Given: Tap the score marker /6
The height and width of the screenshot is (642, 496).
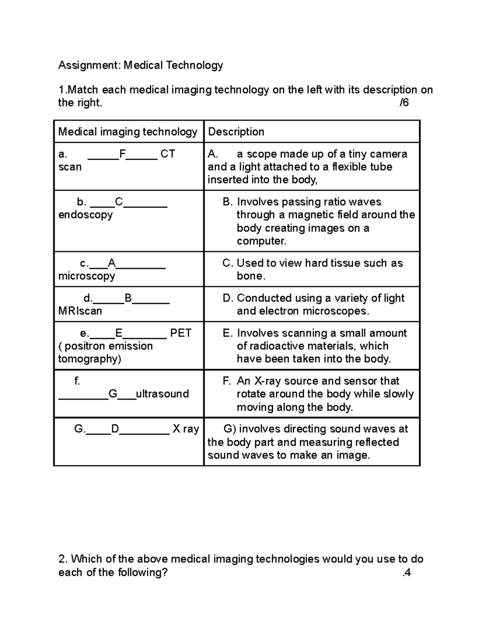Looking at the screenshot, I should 404,103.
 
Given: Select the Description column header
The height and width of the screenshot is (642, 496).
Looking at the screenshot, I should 236,132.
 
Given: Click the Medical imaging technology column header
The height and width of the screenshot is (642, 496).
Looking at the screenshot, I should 128,132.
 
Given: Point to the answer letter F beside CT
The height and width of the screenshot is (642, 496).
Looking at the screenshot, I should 122,154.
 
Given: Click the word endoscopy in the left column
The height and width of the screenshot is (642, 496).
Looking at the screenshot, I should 86,215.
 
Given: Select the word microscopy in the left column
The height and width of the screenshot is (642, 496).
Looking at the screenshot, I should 87,276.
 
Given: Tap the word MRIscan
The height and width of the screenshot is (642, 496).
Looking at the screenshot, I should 80,311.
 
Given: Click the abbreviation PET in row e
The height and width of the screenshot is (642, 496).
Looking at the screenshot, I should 181,333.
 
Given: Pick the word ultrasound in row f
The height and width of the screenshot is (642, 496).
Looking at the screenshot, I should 162,394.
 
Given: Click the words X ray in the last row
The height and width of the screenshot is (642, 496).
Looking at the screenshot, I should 186,429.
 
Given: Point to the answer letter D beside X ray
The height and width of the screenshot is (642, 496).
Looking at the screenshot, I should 115,429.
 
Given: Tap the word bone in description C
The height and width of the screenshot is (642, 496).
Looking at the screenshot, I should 249,276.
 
